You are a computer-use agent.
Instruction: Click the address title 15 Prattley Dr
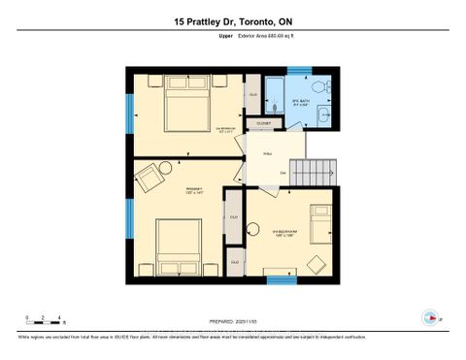click(x=232, y=22)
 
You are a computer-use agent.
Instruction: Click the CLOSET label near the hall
click(x=264, y=124)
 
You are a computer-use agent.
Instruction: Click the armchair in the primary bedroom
click(x=149, y=179)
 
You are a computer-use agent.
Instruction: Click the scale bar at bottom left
click(x=43, y=317)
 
